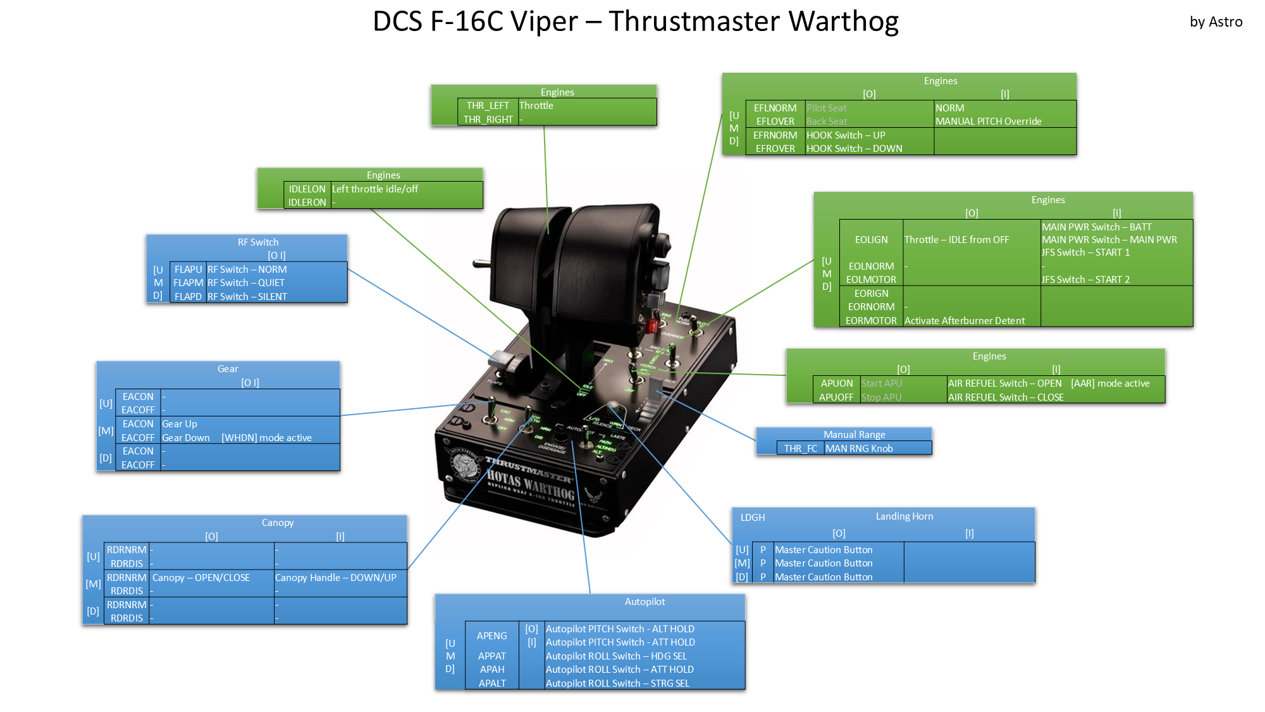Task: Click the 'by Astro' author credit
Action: click(1216, 22)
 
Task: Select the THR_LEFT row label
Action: click(488, 106)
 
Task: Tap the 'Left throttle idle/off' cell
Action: click(375, 189)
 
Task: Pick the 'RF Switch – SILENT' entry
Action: click(247, 297)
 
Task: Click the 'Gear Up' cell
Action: click(180, 424)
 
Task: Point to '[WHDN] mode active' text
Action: click(266, 438)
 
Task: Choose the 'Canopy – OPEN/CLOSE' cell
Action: click(201, 578)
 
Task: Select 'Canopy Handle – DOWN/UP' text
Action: click(336, 578)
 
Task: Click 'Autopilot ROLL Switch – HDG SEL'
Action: click(616, 656)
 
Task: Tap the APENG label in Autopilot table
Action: click(492, 636)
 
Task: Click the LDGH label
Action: click(753, 518)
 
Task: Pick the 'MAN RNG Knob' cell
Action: click(859, 449)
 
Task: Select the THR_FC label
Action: click(801, 449)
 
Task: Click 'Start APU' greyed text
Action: click(882, 384)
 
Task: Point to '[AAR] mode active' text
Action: click(1110, 384)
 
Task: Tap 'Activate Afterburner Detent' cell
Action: click(965, 321)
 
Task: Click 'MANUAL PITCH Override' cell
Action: click(989, 122)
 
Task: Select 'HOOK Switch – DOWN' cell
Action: click(855, 149)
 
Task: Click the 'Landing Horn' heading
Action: click(904, 516)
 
